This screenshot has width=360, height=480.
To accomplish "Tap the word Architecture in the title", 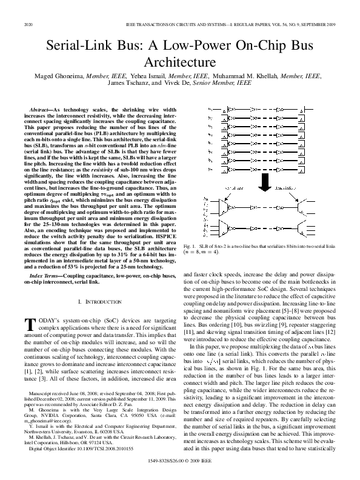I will coord(179,62).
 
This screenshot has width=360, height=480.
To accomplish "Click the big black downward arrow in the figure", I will coord(268,180).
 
